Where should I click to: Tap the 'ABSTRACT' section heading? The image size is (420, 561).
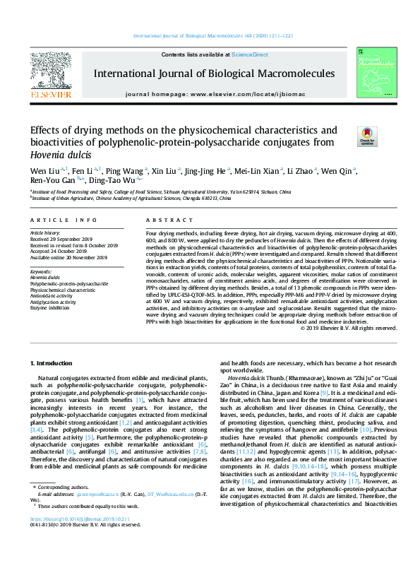[163, 220]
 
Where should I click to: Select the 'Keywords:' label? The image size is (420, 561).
[41, 271]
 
